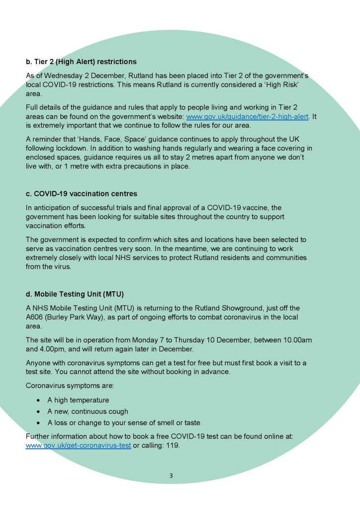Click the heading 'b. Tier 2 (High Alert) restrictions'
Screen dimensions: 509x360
click(81, 62)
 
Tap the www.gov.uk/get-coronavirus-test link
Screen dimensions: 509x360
click(78, 445)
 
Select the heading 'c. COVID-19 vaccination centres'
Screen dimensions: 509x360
click(82, 193)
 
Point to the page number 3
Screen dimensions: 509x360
click(171, 476)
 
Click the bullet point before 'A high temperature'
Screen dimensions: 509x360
click(38, 400)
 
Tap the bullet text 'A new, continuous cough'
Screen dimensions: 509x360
click(88, 412)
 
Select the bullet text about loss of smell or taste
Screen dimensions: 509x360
click(124, 423)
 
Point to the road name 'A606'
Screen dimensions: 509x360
click(35, 317)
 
